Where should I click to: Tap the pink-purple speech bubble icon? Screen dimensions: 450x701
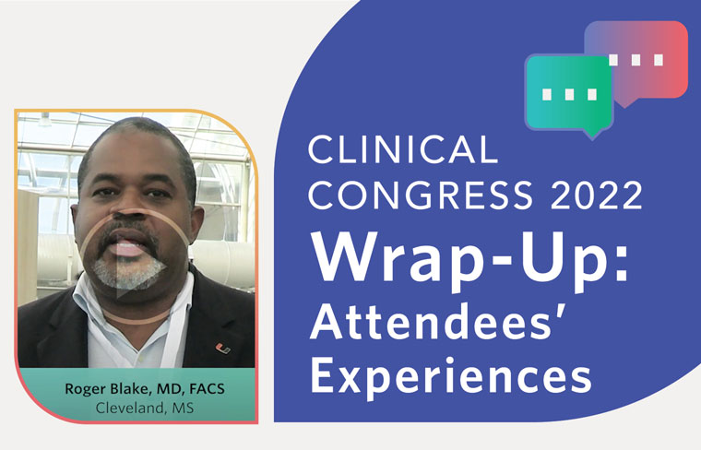pyautogui.click(x=646, y=61)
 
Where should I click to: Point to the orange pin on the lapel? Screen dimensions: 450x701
pyautogui.click(x=220, y=349)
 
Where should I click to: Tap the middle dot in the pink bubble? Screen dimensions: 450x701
pyautogui.click(x=636, y=60)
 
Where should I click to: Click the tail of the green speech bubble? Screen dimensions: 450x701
pyautogui.click(x=594, y=133)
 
